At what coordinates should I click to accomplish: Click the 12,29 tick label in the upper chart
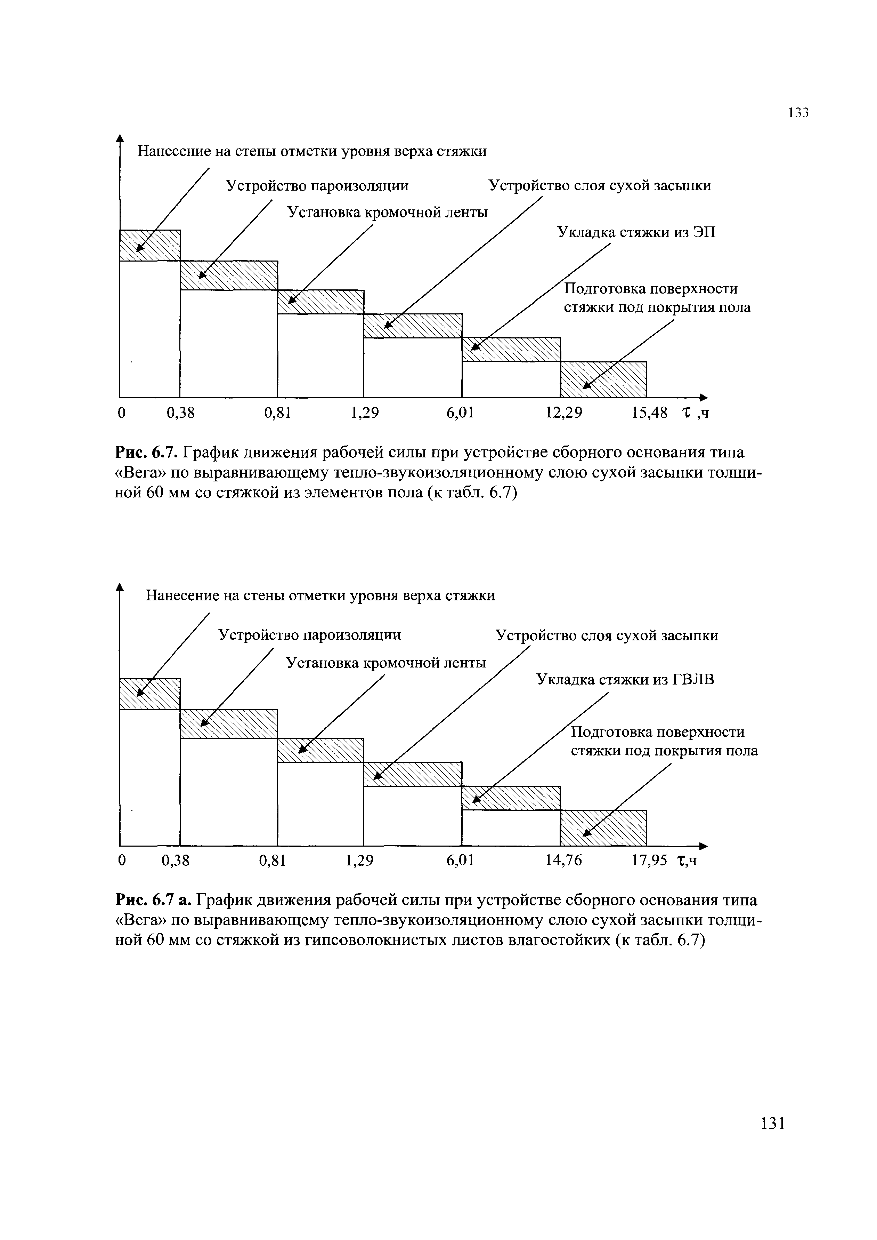tap(564, 413)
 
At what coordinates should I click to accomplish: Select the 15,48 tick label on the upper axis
tap(649, 413)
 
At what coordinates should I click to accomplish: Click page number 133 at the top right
tap(798, 113)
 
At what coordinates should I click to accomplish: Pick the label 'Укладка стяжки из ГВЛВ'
tap(625, 680)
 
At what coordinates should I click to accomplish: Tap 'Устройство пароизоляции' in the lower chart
tap(309, 635)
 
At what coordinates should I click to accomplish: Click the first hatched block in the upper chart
tap(149, 245)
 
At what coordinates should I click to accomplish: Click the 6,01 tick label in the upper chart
tap(460, 413)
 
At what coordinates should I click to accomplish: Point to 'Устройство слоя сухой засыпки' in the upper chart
tap(599, 186)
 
